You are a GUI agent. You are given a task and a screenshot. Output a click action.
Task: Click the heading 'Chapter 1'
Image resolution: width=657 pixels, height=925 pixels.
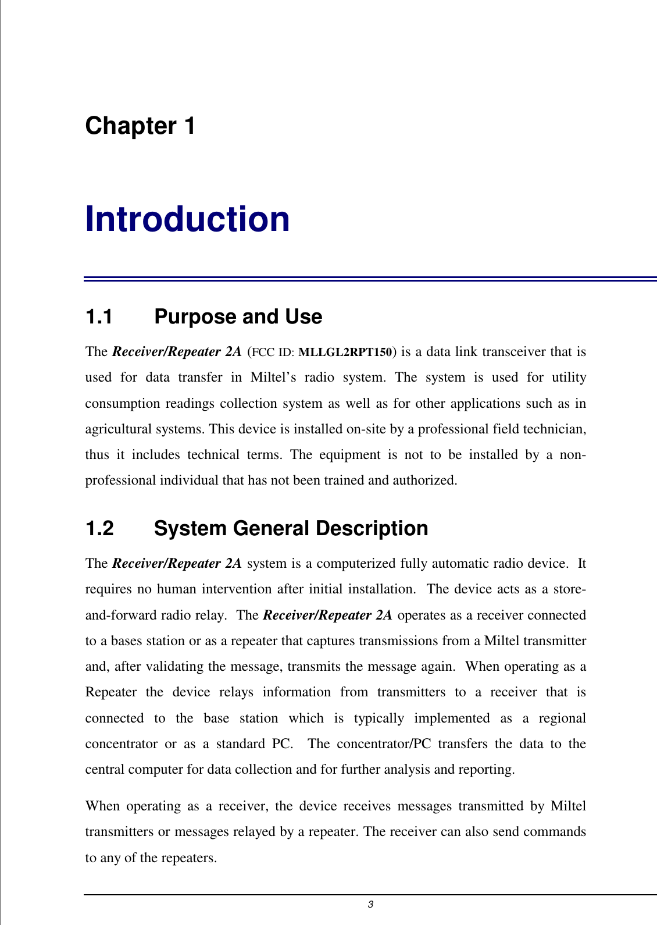click(x=140, y=126)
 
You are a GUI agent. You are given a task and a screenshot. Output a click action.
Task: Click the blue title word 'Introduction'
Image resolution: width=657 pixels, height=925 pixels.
click(x=187, y=219)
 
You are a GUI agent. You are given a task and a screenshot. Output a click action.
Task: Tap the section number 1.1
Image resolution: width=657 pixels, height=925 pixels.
click(x=99, y=317)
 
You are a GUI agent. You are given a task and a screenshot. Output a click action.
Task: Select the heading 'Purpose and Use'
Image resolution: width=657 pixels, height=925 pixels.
click(x=238, y=317)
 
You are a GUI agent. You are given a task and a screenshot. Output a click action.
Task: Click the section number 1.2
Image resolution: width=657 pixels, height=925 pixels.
click(x=99, y=529)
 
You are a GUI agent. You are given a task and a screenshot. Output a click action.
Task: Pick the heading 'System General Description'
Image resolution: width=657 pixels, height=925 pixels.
click(x=291, y=529)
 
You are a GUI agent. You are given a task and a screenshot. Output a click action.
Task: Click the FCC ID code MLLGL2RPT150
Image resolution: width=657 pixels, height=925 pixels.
click(x=345, y=352)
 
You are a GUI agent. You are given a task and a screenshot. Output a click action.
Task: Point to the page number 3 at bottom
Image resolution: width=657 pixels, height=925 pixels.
click(x=370, y=905)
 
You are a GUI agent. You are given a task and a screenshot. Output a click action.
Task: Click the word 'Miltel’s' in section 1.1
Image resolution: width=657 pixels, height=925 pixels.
click(x=273, y=378)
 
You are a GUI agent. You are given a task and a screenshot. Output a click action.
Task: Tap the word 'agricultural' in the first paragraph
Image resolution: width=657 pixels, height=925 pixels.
click(x=119, y=429)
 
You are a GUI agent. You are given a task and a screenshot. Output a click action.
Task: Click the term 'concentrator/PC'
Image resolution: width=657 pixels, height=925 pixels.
click(x=384, y=744)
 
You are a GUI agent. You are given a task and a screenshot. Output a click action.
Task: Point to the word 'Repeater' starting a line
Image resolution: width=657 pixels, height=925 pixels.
click(x=110, y=692)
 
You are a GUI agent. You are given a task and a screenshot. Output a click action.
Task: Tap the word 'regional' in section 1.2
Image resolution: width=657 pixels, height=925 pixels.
click(x=562, y=718)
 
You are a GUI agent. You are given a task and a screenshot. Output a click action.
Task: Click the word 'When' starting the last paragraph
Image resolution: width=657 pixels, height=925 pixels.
click(x=101, y=806)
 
